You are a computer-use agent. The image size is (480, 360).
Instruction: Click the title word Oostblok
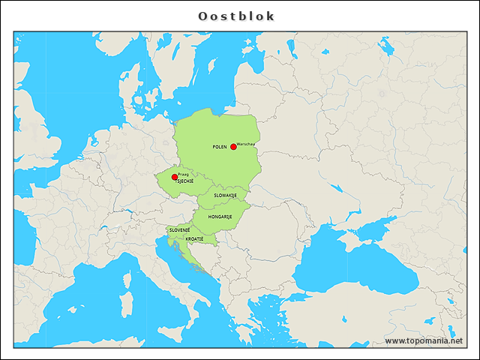(236, 16)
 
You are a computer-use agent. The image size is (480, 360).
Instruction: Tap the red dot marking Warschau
(233, 146)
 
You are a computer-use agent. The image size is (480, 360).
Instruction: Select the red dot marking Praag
(175, 177)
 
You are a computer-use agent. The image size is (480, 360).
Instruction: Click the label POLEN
(220, 147)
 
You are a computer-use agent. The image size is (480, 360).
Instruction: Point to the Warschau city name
(247, 143)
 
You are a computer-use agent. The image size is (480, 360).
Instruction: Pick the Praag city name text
(184, 173)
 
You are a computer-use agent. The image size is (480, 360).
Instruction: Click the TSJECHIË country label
(184, 181)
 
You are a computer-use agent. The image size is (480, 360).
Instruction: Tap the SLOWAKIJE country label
(225, 195)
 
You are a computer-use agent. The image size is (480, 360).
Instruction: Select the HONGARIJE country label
(220, 216)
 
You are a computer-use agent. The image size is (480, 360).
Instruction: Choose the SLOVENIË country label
(179, 229)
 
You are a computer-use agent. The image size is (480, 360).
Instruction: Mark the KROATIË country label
(194, 238)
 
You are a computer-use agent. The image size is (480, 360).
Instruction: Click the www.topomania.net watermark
(424, 340)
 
